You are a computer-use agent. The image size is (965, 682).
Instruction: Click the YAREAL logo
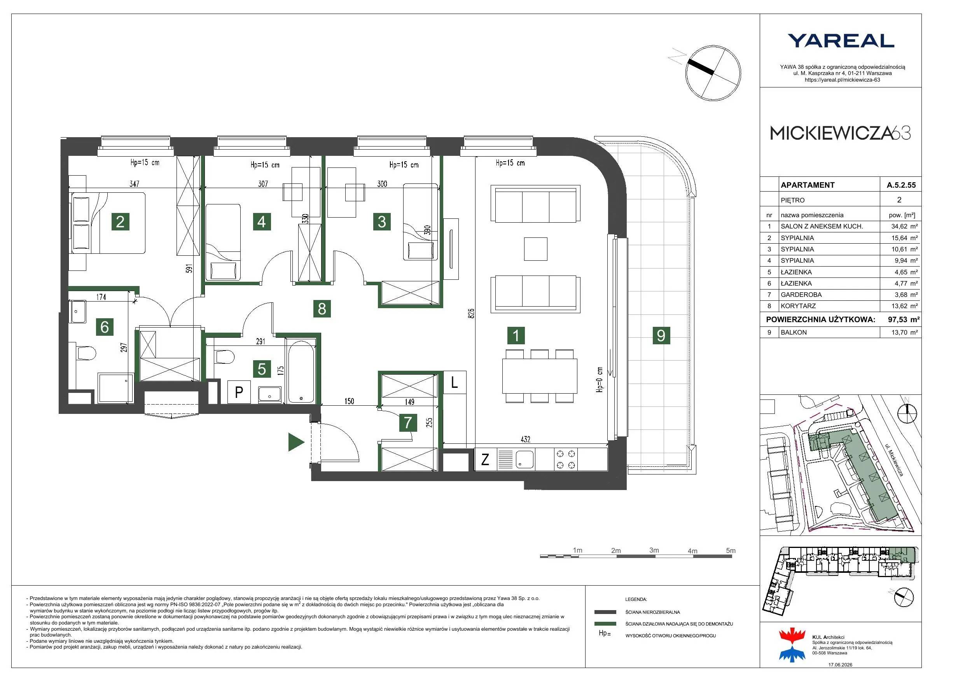(x=841, y=41)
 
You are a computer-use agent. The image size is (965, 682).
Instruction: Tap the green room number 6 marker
(x=105, y=326)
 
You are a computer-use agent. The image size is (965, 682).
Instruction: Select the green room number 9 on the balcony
(x=661, y=335)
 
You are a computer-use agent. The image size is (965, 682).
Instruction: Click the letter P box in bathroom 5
(x=239, y=392)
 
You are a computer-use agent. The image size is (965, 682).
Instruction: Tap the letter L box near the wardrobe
(x=455, y=382)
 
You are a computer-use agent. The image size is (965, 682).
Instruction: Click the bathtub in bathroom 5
(x=301, y=372)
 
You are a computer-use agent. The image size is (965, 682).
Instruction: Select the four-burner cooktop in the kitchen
(x=566, y=459)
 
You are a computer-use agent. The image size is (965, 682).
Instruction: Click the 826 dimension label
(x=471, y=313)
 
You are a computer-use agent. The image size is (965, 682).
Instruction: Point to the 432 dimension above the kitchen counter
(x=525, y=439)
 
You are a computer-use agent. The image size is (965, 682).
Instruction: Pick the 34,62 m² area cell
(x=904, y=226)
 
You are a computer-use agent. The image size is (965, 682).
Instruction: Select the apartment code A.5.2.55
(x=901, y=185)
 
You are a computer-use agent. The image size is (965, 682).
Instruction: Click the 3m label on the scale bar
(x=654, y=550)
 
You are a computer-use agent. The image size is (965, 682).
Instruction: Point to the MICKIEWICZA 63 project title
(x=840, y=133)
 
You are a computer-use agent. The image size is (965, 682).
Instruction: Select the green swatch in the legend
(x=605, y=624)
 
